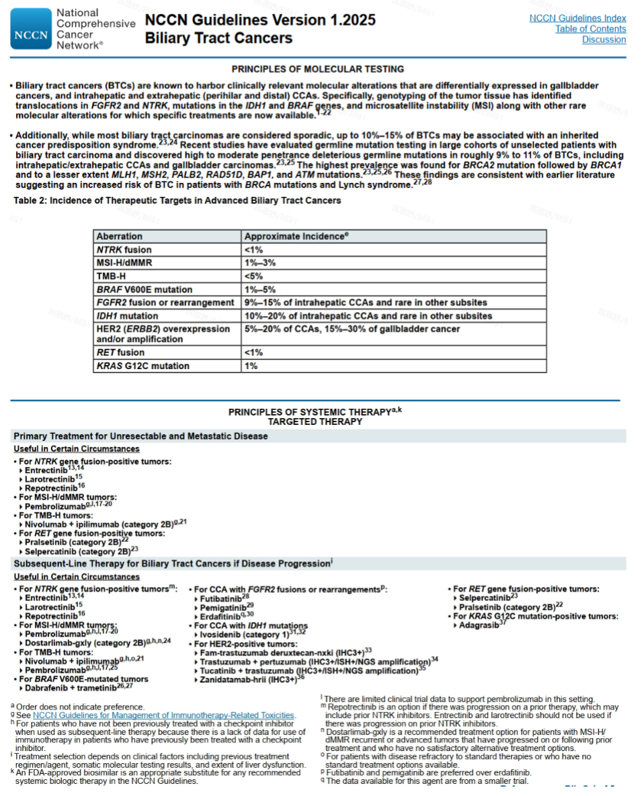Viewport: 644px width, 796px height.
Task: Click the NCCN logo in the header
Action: (x=31, y=30)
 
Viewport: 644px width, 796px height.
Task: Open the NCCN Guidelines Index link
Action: (x=577, y=18)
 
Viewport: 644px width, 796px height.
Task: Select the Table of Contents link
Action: (x=590, y=29)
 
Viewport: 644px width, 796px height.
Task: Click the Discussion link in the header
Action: (x=604, y=40)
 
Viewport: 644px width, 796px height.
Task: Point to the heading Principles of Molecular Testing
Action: (x=317, y=69)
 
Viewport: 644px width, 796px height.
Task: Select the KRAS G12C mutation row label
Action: (x=143, y=366)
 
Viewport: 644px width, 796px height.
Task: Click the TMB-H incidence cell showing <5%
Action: (x=253, y=276)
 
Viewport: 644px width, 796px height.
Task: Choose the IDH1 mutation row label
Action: (x=127, y=315)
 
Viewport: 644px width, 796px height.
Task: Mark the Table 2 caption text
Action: (x=177, y=200)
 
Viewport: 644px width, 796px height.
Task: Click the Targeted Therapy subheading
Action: (x=315, y=422)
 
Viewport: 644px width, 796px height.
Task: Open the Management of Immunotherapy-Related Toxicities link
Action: (x=163, y=715)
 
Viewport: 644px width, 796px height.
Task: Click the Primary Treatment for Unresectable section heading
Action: (x=140, y=436)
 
